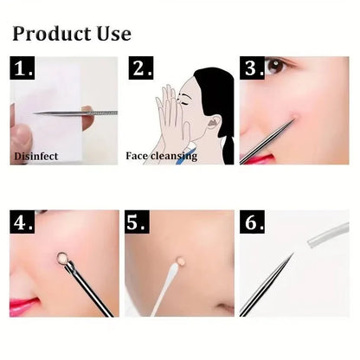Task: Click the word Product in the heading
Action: [x=50, y=34]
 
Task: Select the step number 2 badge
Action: [x=140, y=69]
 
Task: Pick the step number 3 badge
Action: [x=254, y=68]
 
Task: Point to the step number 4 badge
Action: [x=24, y=222]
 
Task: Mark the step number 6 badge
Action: [x=254, y=222]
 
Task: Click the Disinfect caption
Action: [x=36, y=157]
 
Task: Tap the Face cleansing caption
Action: [x=161, y=157]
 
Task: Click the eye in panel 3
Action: [x=275, y=67]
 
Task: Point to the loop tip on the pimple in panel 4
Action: [x=63, y=257]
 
